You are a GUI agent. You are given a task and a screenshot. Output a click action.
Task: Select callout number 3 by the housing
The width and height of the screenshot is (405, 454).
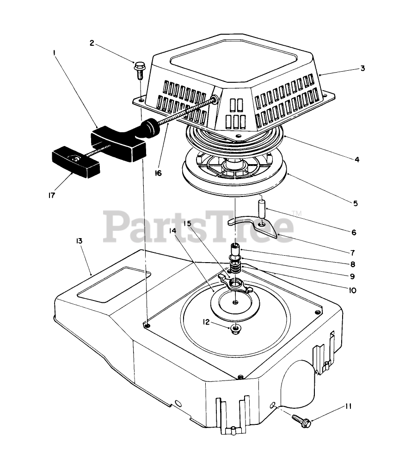[x=363, y=68]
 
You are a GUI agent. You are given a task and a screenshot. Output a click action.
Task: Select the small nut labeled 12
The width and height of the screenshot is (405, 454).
[x=235, y=329]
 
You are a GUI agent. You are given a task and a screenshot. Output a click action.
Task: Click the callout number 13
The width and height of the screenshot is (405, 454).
[x=79, y=241]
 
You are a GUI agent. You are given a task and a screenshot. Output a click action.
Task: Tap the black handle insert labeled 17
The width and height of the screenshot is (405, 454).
[x=73, y=162]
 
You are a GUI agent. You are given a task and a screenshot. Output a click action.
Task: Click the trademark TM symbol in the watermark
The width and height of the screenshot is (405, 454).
[x=297, y=213]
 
